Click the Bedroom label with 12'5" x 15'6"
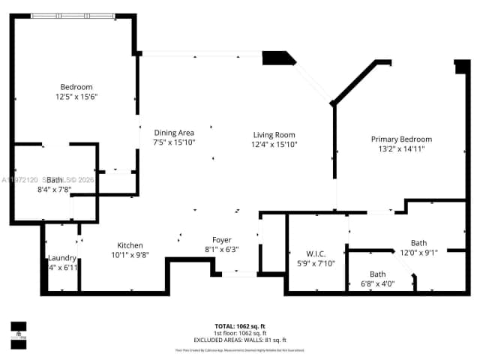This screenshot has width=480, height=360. pos(76,86)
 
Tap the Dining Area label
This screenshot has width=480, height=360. pos(174,133)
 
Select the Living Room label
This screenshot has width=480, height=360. pos(274,135)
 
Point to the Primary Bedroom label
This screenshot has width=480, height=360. pos(401,139)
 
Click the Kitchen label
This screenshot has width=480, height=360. pos(130,245)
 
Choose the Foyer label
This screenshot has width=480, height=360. pos(221,240)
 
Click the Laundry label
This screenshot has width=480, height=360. pos(62,257)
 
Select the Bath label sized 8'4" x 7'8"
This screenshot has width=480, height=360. pos(55,180)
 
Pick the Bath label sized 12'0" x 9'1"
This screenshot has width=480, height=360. pos(418,242)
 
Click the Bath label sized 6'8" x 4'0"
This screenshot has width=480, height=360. pos(377,274)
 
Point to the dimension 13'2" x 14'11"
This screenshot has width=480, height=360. pos(401,148)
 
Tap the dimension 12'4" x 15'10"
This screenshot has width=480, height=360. pos(274,144)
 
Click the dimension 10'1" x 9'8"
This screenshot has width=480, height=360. pos(130,255)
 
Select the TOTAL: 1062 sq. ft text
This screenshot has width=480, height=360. pos(240,325)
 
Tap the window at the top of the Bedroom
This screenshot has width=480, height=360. pos(73,16)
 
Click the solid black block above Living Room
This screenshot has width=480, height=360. pos(277,58)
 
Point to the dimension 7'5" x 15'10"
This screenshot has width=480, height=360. pos(174,142)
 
